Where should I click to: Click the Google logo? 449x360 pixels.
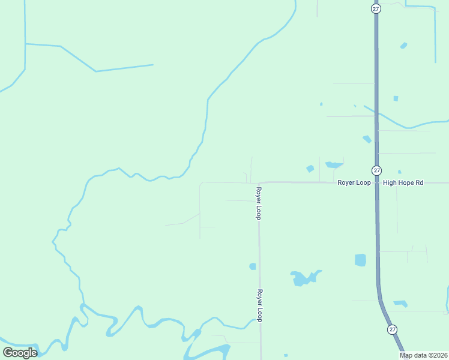(x=20, y=353)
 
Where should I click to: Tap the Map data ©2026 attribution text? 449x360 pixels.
(x=423, y=355)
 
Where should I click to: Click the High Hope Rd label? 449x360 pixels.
(x=403, y=182)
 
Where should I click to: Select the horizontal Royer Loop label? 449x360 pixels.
(x=354, y=182)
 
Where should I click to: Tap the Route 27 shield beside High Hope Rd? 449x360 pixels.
(x=376, y=170)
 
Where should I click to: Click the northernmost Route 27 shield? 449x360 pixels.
(x=376, y=8)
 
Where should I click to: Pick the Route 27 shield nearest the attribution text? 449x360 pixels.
(x=392, y=329)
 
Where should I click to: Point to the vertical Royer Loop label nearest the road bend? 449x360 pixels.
(x=259, y=203)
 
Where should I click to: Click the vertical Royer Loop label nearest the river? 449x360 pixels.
(x=260, y=306)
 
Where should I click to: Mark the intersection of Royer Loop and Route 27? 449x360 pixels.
(x=377, y=182)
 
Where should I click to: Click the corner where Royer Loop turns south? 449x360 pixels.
(x=259, y=183)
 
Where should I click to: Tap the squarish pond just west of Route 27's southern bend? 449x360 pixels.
(x=360, y=260)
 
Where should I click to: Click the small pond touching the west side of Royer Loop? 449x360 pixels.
(x=253, y=266)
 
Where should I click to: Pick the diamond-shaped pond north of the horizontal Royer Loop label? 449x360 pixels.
(x=310, y=169)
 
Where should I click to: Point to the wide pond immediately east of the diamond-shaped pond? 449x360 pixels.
(x=334, y=164)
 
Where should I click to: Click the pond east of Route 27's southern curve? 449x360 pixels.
(x=400, y=304)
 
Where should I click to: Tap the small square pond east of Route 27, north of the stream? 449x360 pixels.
(x=396, y=98)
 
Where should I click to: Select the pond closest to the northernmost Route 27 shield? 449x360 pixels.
(x=403, y=46)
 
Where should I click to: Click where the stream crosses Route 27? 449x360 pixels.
(x=376, y=115)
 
